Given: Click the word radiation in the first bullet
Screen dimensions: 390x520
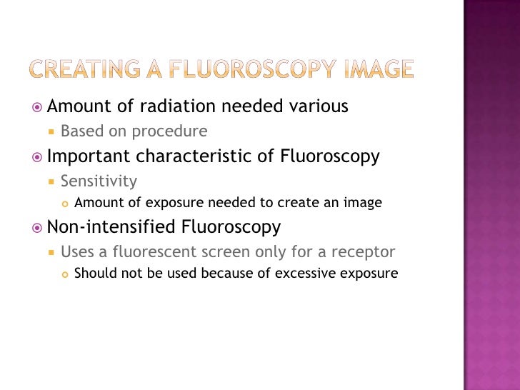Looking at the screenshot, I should point(179,107).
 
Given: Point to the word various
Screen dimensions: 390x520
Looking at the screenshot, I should point(319,107).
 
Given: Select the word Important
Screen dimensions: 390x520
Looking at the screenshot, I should point(89,156).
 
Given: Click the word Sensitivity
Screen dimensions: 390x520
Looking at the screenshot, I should point(99,181).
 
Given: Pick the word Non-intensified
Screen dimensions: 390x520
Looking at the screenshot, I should point(107,227).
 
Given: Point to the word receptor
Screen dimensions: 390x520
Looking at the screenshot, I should point(365,252).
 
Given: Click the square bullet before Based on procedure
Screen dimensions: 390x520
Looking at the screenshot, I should point(51,132).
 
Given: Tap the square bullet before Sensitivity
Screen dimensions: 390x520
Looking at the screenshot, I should point(51,181).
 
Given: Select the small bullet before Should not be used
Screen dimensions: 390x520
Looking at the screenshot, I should point(65,274).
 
